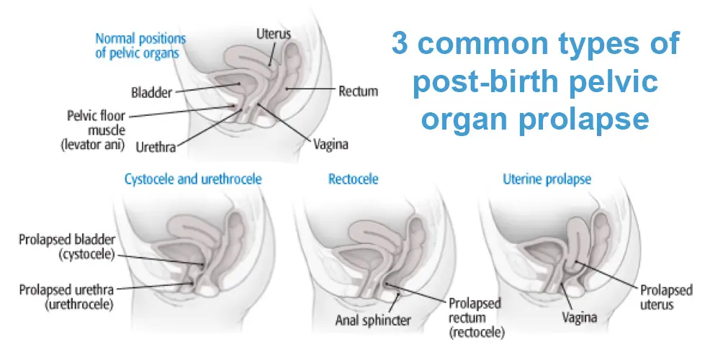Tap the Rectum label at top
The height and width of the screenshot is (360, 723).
click(x=358, y=91)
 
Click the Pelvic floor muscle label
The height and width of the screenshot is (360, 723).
click(x=94, y=130)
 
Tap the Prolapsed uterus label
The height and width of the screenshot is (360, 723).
click(x=665, y=297)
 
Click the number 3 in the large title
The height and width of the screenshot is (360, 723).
click(x=400, y=44)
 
